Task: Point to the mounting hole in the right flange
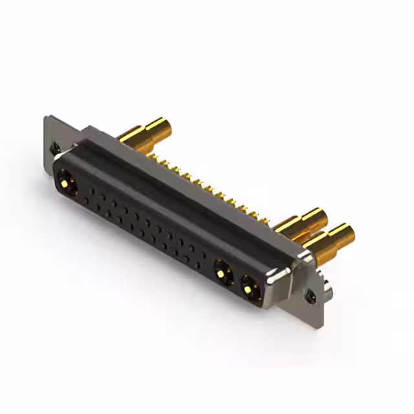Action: [x=312, y=296]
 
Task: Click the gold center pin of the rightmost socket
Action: [x=249, y=287]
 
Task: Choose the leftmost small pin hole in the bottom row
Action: [x=85, y=201]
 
